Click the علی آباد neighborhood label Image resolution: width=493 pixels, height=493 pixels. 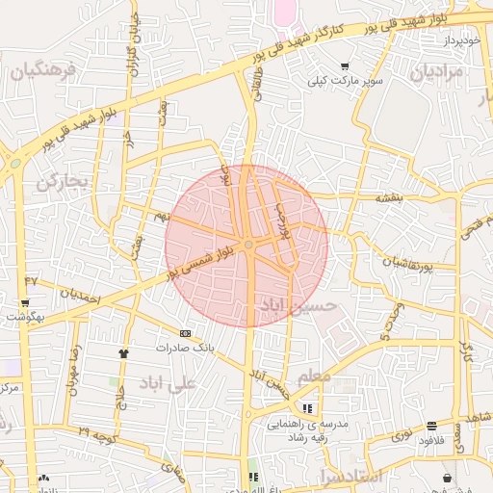[167, 383]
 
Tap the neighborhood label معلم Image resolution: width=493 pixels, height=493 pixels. [313, 375]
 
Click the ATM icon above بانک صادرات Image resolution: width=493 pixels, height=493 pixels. [185, 333]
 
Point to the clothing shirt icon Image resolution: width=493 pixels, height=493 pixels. [122, 353]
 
